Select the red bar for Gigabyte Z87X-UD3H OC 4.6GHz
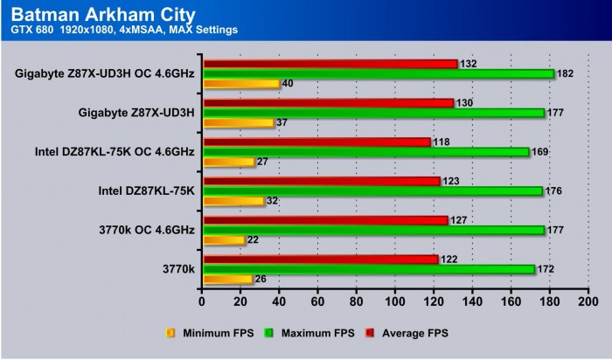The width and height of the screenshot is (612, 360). click(330, 64)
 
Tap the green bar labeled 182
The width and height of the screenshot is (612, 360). click(378, 73)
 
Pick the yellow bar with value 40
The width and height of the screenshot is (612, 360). click(240, 84)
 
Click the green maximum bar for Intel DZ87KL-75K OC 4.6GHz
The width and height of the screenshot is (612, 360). click(365, 152)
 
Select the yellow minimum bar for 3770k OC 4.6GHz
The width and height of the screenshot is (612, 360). click(223, 240)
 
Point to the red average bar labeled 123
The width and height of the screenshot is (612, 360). click(321, 181)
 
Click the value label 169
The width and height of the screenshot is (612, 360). click(541, 152)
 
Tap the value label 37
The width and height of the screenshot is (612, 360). click(282, 123)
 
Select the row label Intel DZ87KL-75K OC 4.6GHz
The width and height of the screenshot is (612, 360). click(114, 152)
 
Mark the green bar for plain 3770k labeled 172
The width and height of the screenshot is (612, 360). click(368, 269)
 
